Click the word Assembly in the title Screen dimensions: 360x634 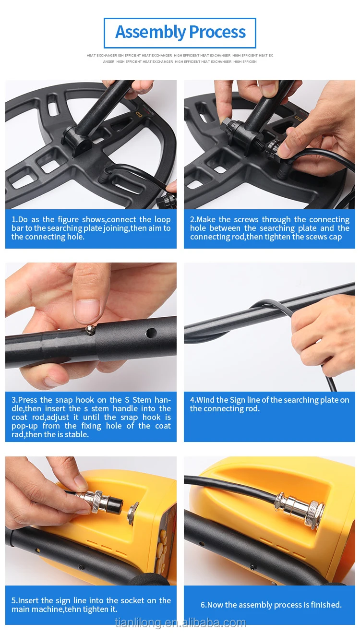click(x=150, y=32)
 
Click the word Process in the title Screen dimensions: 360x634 click(x=217, y=32)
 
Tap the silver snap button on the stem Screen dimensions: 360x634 click(x=90, y=330)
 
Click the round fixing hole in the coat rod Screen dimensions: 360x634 click(x=151, y=333)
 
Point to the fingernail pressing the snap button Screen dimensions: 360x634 click(x=87, y=311)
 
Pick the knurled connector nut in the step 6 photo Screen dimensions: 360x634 click(x=316, y=514)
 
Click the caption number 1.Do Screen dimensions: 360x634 click(x=20, y=219)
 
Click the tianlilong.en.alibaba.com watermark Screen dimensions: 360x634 click(x=180, y=622)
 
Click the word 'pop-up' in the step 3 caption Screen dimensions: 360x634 click(x=24, y=426)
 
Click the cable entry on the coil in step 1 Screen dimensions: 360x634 click(x=104, y=175)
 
